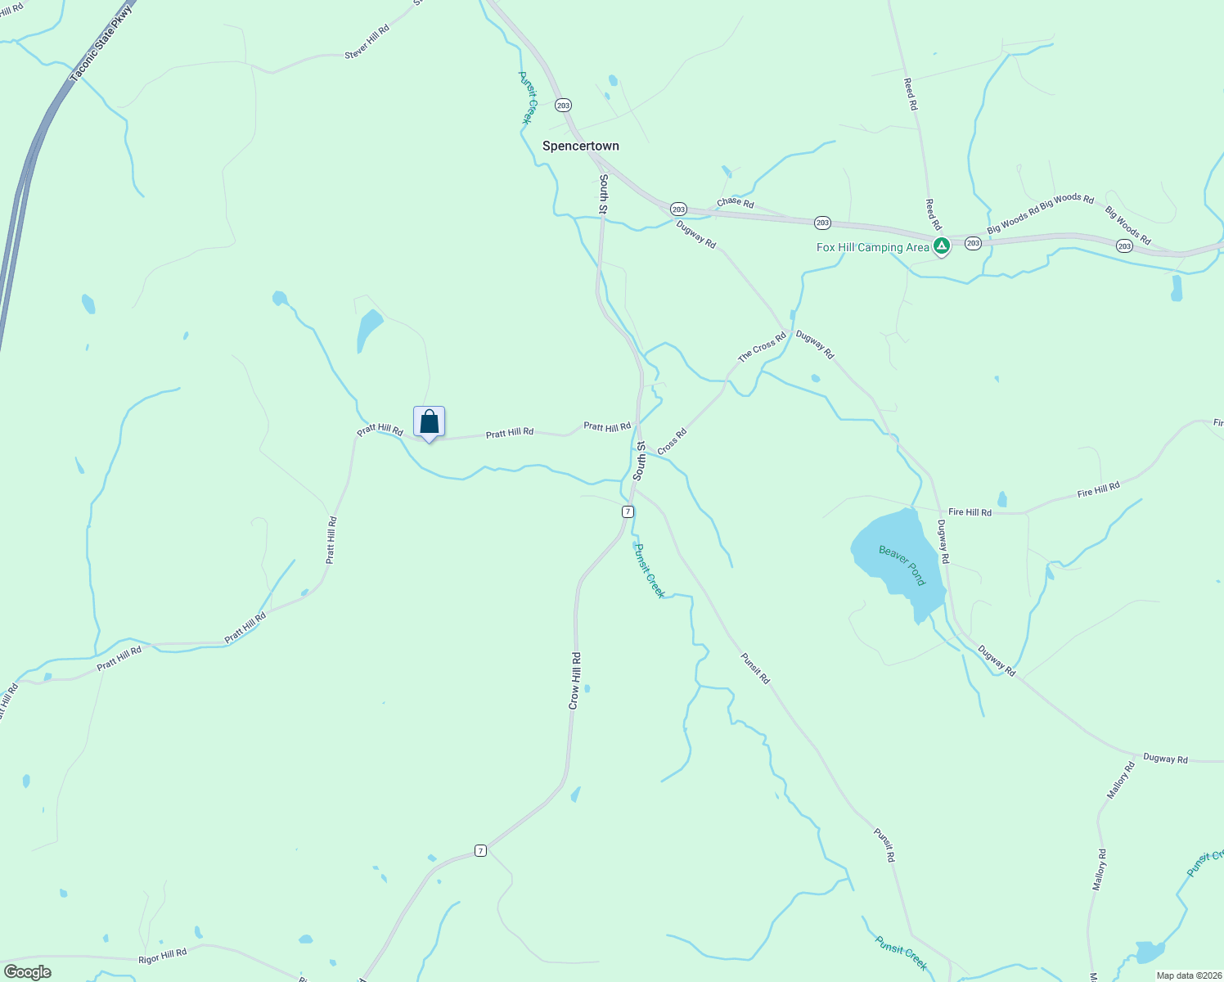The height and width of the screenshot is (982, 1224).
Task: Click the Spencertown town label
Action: [581, 146]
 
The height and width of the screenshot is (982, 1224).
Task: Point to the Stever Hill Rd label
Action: [367, 42]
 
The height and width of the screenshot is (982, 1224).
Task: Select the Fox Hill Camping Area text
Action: [872, 247]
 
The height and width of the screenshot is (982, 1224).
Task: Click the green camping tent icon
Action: [942, 245]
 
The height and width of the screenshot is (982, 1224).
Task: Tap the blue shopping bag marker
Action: [430, 422]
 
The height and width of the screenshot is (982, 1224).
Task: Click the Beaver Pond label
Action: [902, 565]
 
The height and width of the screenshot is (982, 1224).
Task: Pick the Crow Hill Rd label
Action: [574, 680]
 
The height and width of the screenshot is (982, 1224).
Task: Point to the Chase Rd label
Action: [735, 202]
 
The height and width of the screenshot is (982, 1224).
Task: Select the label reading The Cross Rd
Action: [762, 346]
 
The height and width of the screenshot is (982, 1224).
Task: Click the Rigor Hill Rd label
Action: [162, 955]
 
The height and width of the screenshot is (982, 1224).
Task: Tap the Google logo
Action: [27, 972]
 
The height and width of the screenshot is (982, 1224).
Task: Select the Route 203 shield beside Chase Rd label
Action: [678, 209]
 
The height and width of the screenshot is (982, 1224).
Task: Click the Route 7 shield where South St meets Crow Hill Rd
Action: [628, 511]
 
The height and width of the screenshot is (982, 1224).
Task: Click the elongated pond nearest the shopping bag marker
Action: [368, 330]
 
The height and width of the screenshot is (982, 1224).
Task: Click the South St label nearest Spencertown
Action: [603, 194]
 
